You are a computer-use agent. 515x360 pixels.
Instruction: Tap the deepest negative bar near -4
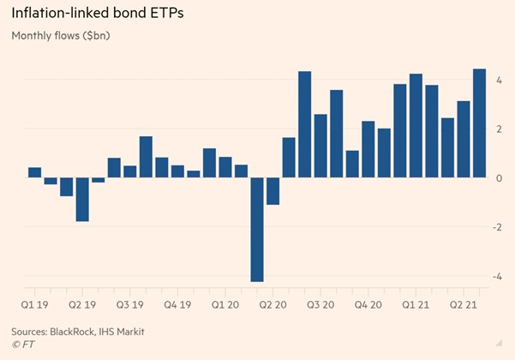point(257,229)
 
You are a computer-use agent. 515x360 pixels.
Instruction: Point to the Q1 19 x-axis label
point(34,303)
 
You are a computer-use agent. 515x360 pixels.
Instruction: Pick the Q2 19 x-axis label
point(82,303)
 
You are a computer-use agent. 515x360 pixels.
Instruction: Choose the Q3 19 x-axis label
point(130,303)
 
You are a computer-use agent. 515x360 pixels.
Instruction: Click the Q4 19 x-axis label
point(178,303)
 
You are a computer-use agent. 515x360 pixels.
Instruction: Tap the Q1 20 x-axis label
point(226,303)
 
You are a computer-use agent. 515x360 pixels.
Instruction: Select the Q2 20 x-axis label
point(273,303)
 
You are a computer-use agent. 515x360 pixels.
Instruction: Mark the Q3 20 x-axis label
point(321,303)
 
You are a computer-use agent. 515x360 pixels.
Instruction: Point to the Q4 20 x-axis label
point(369,303)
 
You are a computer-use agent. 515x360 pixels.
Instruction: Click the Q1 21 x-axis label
point(416,303)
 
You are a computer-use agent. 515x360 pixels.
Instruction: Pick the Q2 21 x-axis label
point(464,303)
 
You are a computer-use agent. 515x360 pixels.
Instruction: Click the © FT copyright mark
point(25,345)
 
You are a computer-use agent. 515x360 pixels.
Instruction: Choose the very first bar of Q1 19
point(34,172)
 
